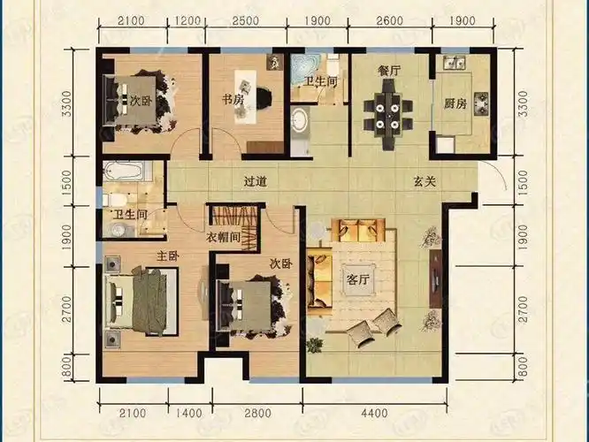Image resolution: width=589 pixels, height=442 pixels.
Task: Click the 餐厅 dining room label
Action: (389, 71)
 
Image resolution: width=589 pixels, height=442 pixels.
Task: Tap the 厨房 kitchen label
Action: (455, 103)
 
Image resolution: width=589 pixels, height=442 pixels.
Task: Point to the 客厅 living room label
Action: (357, 279)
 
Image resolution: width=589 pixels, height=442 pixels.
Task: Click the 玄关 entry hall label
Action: (425, 182)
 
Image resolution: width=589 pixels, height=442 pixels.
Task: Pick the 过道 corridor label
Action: (256, 182)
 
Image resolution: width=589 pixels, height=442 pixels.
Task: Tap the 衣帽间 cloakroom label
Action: (223, 237)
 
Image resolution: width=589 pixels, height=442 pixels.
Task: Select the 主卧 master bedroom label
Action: (167, 256)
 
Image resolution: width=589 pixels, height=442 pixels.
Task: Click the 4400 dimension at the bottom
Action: (374, 414)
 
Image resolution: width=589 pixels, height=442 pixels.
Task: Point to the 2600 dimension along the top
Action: (389, 20)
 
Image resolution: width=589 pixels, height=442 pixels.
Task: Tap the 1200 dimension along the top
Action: (187, 20)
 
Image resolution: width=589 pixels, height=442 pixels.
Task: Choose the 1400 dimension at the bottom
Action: (189, 414)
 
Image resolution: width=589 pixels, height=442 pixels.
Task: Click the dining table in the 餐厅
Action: (387, 115)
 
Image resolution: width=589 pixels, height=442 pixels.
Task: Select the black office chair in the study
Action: (265, 97)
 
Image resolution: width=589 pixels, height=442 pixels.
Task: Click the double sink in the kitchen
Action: (455, 63)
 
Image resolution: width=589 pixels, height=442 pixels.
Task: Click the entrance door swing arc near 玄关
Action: (496, 171)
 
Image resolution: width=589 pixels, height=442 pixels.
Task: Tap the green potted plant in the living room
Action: (314, 344)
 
